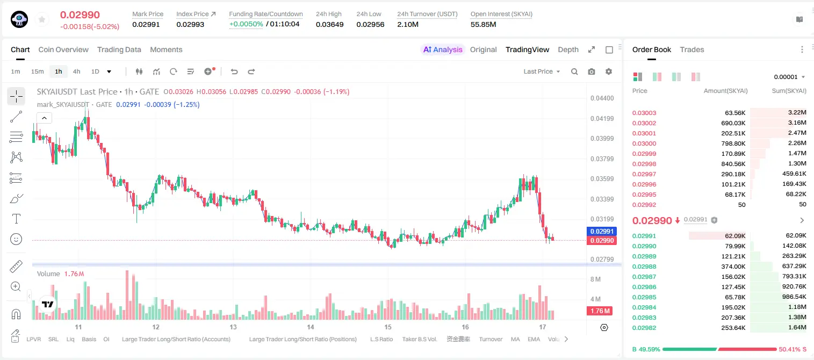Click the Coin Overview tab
point(63,49)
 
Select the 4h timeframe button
point(76,71)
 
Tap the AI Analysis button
point(443,49)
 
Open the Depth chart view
point(568,49)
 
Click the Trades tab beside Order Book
point(692,49)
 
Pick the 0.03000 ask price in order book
point(644,143)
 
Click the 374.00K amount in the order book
point(733,267)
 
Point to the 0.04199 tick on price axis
point(602,118)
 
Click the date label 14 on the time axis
point(311,327)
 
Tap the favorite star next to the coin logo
point(42,20)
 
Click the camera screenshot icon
point(592,71)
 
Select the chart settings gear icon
point(609,71)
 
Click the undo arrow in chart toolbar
point(234,71)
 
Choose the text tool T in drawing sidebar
point(16,219)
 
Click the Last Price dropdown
point(542,71)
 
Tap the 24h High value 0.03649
point(329,24)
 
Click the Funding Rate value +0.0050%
point(246,24)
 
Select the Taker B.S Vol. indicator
point(419,339)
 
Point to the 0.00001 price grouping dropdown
point(789,77)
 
